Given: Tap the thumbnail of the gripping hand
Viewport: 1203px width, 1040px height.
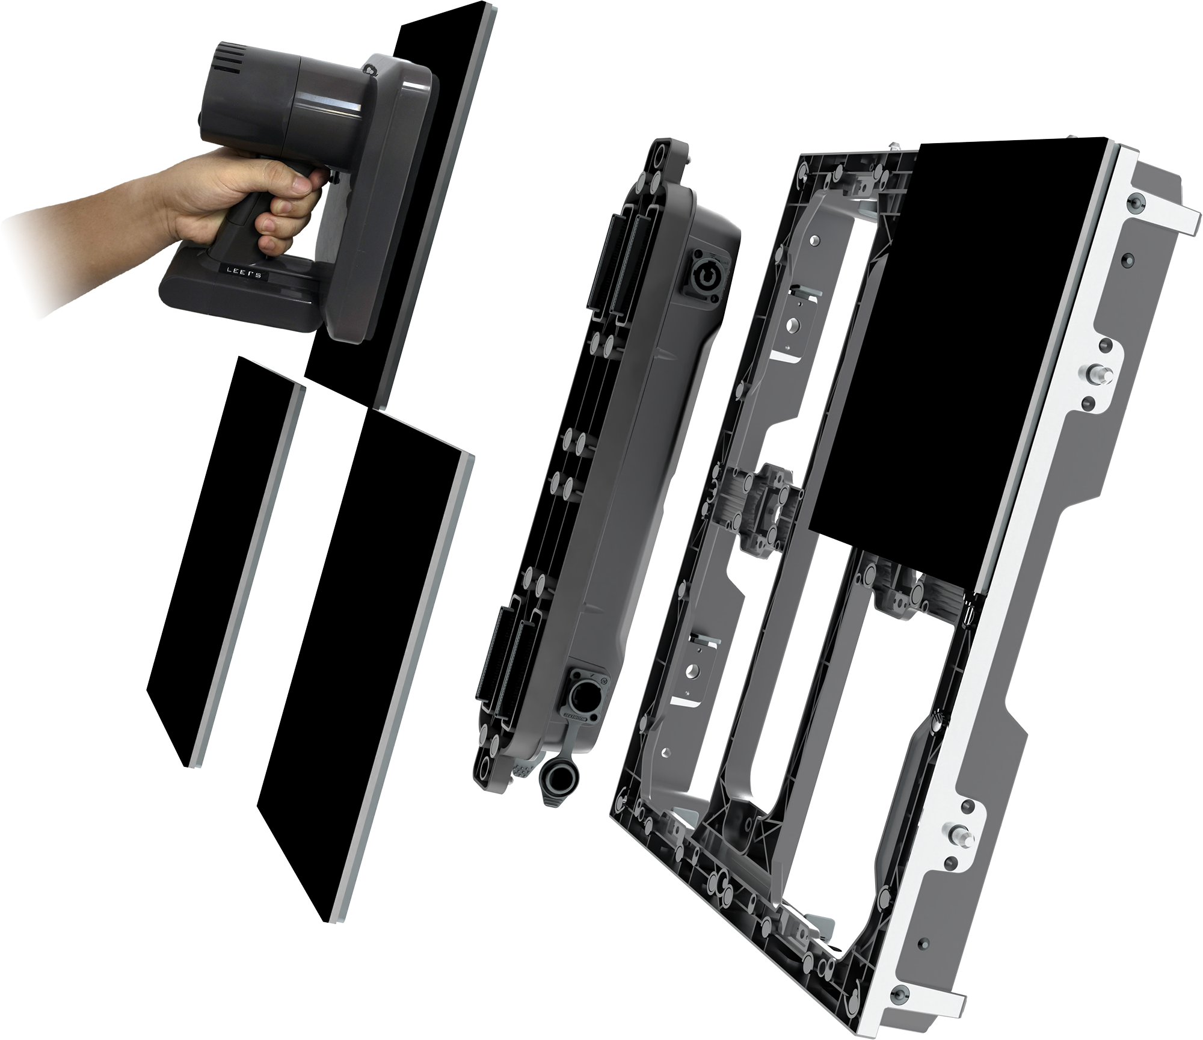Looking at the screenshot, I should tap(299, 184).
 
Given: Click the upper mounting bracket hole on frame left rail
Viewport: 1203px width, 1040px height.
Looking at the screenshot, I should tap(795, 325).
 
